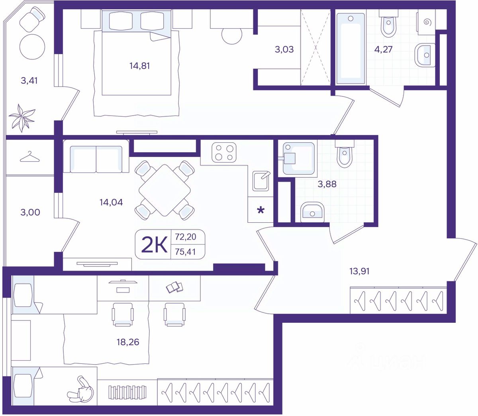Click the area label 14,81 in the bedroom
click(x=139, y=66)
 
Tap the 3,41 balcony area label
click(x=29, y=80)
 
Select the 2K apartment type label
click(x=155, y=245)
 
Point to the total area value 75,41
click(x=186, y=252)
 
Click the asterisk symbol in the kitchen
click(x=261, y=211)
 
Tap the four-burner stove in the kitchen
click(x=224, y=153)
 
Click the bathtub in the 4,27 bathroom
click(x=350, y=49)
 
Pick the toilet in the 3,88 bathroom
click(x=345, y=153)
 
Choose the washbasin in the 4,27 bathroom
click(x=425, y=55)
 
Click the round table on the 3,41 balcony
click(x=32, y=47)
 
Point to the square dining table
click(x=165, y=190)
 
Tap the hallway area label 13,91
click(x=359, y=271)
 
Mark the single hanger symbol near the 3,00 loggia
click(x=29, y=157)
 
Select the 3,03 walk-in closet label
click(x=284, y=49)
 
